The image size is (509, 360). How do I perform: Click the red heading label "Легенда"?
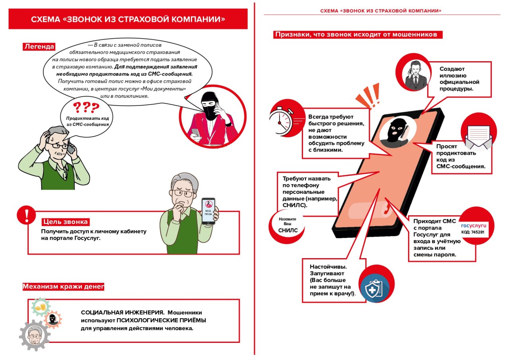pyautogui.click(x=39, y=47)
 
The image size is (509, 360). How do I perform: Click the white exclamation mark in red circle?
pyautogui.click(x=27, y=215)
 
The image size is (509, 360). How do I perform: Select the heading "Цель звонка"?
pyautogui.click(x=65, y=222)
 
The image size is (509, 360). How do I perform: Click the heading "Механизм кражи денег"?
pyautogui.click(x=63, y=286)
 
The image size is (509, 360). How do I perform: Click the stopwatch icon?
pyautogui.click(x=281, y=118)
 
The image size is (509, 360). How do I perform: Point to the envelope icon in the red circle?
pyautogui.click(x=476, y=137)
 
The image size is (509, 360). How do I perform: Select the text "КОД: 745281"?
pyautogui.click(x=473, y=232)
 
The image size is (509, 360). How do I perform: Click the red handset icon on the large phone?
pyautogui.click(x=385, y=208)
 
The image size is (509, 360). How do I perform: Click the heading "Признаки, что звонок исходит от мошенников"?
pyautogui.click(x=357, y=35)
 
